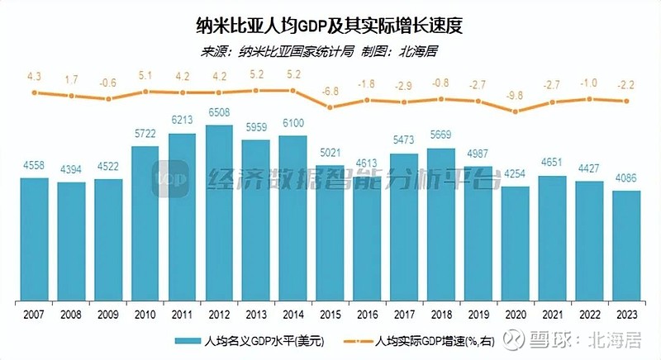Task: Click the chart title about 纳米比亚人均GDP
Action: (330, 25)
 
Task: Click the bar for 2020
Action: (516, 244)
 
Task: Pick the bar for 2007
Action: (34, 239)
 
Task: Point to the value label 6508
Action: (219, 115)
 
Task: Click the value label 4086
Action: (626, 180)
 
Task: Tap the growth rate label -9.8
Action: (516, 95)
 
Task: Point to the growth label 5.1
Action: (145, 75)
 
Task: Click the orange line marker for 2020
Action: (516, 111)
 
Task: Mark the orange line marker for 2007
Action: (34, 92)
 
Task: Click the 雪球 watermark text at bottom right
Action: (578, 339)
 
